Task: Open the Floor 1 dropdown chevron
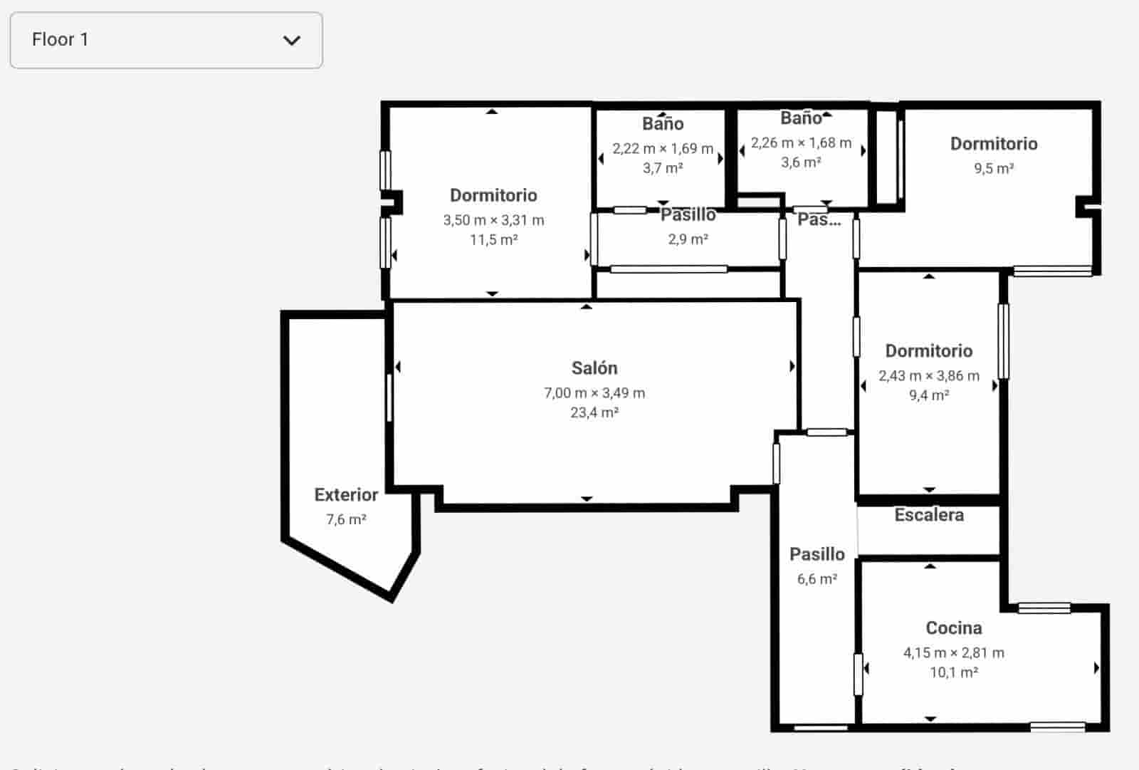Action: [292, 41]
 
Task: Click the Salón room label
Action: [594, 368]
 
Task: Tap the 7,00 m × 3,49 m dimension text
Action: [594, 392]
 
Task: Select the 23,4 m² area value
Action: [594, 412]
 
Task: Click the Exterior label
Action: [346, 495]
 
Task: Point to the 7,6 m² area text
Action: [346, 519]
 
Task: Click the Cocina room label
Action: [954, 628]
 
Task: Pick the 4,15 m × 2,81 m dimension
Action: [954, 652]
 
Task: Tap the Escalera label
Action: [929, 515]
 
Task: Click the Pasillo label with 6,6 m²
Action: [817, 554]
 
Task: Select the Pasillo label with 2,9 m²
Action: [688, 215]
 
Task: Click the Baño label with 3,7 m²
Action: [663, 124]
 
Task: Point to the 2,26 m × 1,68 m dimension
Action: [801, 142]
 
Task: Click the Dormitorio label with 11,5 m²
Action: [493, 195]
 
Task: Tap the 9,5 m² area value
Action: [994, 168]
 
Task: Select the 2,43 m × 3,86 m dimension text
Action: [929, 375]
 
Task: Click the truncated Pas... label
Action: [819, 219]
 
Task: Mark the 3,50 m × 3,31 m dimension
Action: [493, 220]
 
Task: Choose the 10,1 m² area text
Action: [954, 672]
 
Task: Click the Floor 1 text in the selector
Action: [61, 40]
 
